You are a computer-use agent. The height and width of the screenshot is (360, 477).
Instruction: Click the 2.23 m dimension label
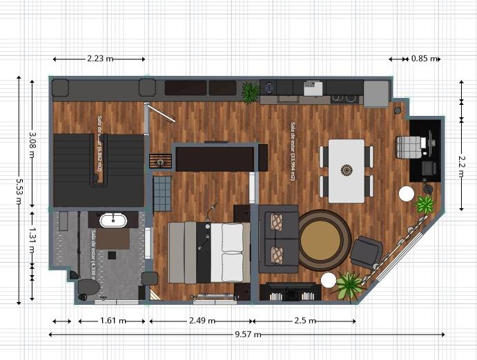click(x=100, y=59)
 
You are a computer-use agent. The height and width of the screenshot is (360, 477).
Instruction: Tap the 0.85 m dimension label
click(x=424, y=59)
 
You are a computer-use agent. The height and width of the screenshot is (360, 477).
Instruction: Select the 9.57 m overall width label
click(x=248, y=334)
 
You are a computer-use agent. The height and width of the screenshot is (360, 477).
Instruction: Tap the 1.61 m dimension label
click(x=113, y=321)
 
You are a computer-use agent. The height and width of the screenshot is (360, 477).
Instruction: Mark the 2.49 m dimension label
click(x=201, y=321)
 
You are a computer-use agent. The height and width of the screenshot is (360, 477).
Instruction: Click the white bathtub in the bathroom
click(x=113, y=221)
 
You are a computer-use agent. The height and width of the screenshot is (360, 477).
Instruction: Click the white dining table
click(x=346, y=170)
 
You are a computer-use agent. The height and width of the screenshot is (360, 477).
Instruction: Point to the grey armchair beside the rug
click(x=366, y=252)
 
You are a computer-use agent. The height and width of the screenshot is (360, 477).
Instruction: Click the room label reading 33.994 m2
click(x=293, y=152)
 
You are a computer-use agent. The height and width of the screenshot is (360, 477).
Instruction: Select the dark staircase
click(x=98, y=170)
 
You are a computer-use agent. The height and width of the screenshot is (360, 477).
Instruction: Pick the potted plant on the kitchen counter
click(x=251, y=92)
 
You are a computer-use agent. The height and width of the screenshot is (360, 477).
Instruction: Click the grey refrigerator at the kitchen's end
click(x=376, y=94)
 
